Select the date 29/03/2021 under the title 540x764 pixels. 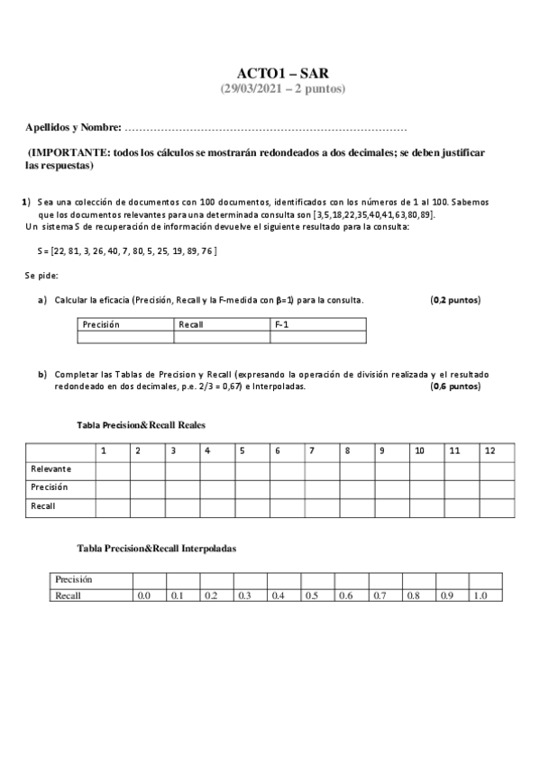pos(255,88)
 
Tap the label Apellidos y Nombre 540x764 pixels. pos(74,129)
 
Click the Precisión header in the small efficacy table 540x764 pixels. pos(101,324)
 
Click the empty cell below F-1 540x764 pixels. pos(317,338)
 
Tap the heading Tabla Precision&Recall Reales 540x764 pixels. pos(144,423)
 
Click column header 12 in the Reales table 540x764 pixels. pos(489,450)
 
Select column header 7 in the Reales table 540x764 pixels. pos(311,450)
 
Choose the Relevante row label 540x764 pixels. pos(51,468)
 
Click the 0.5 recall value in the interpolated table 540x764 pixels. pos(311,596)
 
